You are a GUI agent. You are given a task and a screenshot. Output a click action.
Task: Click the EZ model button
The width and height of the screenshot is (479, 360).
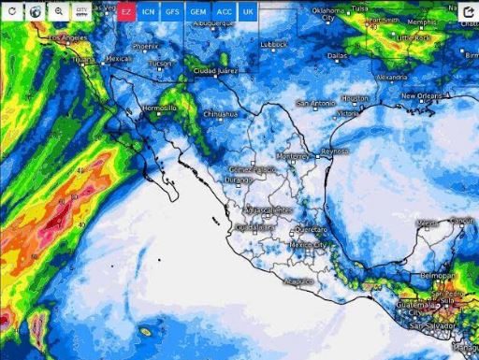pyautogui.click(x=126, y=11)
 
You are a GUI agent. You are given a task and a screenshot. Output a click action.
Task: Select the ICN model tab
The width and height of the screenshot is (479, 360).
pyautogui.click(x=150, y=11)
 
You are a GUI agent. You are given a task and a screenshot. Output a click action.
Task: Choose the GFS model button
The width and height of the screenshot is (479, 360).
pyautogui.click(x=174, y=11)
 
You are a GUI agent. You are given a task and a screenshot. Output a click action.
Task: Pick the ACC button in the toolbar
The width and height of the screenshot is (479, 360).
pyautogui.click(x=224, y=11)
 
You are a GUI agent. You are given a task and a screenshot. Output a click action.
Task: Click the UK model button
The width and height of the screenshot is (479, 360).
pyautogui.click(x=247, y=11)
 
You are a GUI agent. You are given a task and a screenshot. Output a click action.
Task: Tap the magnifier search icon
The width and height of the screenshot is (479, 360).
pyautogui.click(x=58, y=11)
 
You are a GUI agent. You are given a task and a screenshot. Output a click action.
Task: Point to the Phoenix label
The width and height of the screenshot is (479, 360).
pyautogui.click(x=145, y=45)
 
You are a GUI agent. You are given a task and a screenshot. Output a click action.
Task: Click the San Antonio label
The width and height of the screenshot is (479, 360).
pyautogui.click(x=315, y=102)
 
